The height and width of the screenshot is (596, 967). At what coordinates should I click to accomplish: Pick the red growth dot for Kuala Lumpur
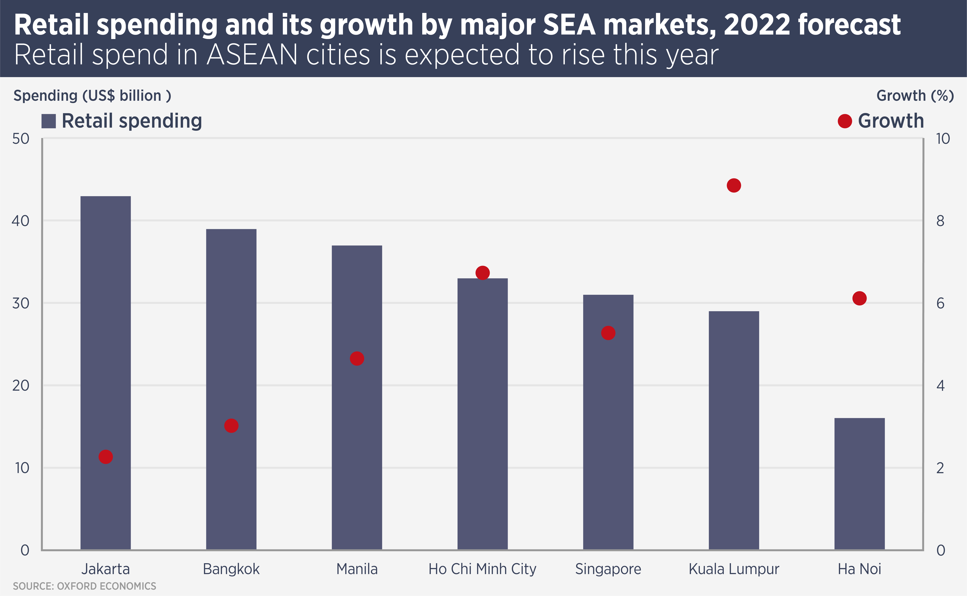pos(734,185)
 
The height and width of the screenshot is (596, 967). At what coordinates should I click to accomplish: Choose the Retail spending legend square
pos(49,121)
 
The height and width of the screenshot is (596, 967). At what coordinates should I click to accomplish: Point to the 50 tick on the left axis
pos(21,139)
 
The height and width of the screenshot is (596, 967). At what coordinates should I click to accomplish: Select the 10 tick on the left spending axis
pos(22,468)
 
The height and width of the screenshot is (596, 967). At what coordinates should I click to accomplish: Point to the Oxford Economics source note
pos(84,586)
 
